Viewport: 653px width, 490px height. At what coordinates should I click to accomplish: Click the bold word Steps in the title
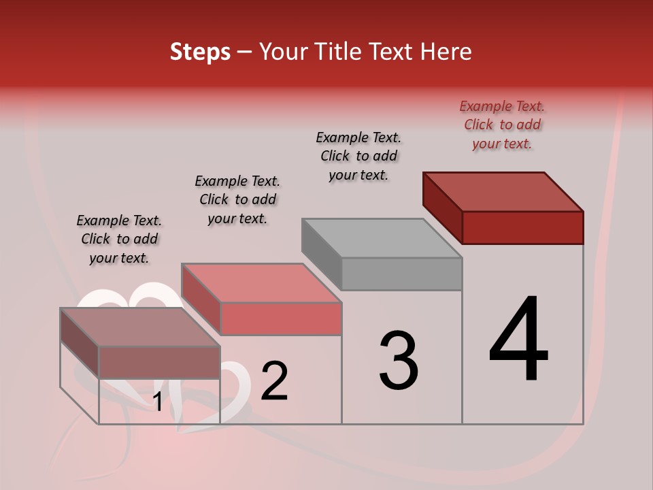click(x=200, y=52)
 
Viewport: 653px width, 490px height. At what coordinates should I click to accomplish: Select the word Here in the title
click(x=446, y=52)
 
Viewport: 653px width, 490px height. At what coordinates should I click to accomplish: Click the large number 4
click(x=518, y=340)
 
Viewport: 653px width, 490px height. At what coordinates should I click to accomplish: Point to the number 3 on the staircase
click(x=398, y=361)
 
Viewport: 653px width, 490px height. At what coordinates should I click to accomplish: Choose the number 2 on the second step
click(x=274, y=381)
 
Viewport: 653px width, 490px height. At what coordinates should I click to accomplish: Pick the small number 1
click(x=158, y=402)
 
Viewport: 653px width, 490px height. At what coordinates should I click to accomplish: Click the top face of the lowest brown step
click(x=140, y=327)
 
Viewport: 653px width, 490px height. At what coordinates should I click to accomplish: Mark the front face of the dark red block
click(x=522, y=227)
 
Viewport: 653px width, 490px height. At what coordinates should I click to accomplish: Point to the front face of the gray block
click(x=401, y=274)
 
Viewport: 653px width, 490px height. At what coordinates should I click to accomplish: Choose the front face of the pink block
click(x=280, y=318)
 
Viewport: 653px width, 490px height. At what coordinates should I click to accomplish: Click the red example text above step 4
click(x=502, y=125)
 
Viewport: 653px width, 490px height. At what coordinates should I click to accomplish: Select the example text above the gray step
click(x=358, y=157)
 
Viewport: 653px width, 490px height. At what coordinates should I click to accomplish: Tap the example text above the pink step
click(x=237, y=200)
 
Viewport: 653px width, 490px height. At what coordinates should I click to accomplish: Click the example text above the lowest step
click(x=119, y=240)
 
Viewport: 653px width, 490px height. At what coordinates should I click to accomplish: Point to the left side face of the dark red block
click(x=443, y=208)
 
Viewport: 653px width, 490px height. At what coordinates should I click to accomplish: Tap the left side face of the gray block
click(x=322, y=254)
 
